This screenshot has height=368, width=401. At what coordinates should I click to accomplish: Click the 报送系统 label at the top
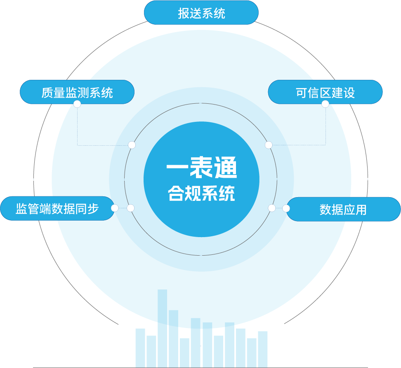point(201,13)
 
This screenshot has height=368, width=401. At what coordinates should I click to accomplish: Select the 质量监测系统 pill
point(77,92)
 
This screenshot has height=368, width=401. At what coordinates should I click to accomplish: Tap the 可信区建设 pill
point(325,92)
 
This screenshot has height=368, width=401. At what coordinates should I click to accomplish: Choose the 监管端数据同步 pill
point(57,208)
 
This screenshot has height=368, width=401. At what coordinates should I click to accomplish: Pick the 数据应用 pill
point(343,209)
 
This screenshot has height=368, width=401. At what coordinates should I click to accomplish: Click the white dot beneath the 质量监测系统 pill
point(77,104)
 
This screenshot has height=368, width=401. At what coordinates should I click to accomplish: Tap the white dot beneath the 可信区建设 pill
point(325,104)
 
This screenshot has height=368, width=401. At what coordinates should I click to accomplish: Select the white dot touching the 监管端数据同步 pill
point(115,208)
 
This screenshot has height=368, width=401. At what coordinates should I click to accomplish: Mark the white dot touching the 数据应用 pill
point(286,208)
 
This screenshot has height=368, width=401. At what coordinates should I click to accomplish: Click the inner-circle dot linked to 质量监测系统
point(132,145)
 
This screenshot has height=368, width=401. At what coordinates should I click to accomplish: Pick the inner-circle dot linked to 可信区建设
point(269,145)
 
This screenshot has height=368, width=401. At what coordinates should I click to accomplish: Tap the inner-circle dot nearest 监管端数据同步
point(131,208)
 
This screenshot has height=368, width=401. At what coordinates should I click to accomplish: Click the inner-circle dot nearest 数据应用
point(271,208)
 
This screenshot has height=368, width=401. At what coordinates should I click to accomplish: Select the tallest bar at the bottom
point(162,329)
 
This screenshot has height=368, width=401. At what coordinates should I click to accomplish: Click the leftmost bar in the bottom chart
point(140,347)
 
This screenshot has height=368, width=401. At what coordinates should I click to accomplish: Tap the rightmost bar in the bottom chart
point(263,349)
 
